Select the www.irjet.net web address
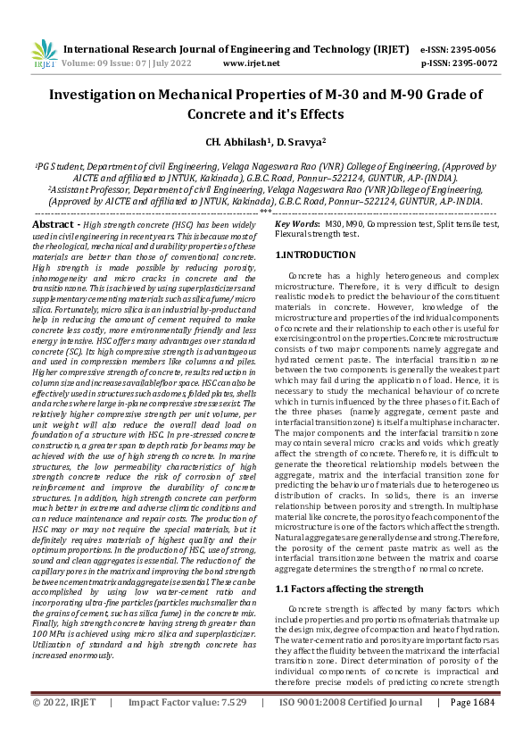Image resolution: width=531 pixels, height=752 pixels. tap(251, 63)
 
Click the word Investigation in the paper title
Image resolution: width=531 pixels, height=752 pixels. tap(93, 95)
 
